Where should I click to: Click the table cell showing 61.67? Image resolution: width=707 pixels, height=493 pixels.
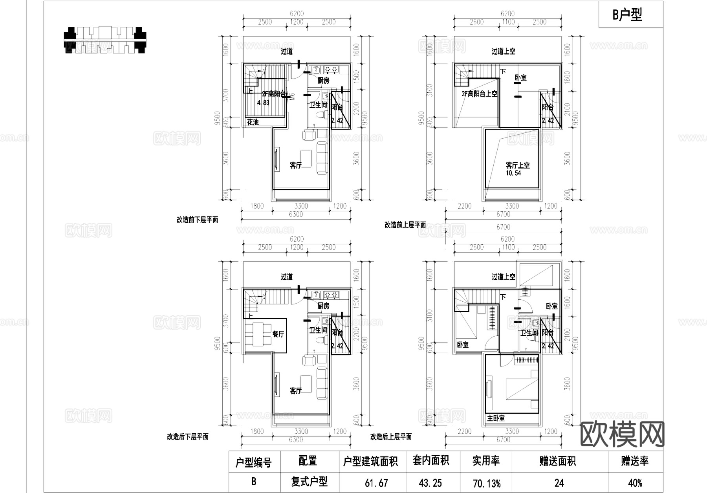(376, 482)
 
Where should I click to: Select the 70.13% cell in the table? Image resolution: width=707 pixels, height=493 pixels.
(486, 483)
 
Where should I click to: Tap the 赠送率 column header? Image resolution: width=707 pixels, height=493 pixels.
(635, 461)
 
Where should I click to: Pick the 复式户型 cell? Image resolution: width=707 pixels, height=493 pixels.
(309, 482)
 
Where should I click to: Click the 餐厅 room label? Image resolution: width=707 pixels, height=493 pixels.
(278, 334)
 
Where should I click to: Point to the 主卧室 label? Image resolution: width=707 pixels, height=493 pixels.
(496, 418)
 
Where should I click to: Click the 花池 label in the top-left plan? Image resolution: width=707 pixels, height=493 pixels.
(253, 122)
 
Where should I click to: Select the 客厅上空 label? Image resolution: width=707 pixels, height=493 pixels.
(518, 165)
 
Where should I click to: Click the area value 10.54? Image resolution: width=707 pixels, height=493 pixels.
(513, 173)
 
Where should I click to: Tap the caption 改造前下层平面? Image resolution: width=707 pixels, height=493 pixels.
(197, 220)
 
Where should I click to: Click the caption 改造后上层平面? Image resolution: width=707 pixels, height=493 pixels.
(391, 436)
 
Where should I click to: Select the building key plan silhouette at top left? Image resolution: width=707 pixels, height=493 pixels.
(104, 40)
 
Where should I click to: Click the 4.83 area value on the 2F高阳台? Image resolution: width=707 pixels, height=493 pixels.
(263, 103)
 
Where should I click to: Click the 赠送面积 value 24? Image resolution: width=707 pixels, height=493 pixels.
(559, 482)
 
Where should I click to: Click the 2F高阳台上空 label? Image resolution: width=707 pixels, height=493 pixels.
(479, 94)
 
